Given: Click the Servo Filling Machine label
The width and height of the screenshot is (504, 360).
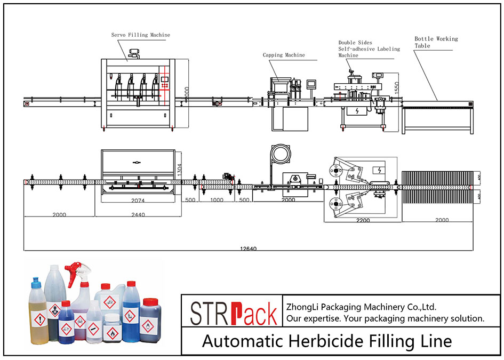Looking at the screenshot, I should (x=141, y=35).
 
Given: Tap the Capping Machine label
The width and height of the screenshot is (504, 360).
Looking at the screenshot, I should (x=284, y=55).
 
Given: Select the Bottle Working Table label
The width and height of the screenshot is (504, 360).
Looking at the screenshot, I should (x=436, y=42).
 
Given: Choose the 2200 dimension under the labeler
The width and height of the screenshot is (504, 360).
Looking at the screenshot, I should (x=363, y=220).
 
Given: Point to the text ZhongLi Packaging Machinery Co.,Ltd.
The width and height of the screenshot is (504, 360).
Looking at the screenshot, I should (x=362, y=307).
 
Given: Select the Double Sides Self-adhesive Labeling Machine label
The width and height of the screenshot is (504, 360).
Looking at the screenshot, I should (x=369, y=49).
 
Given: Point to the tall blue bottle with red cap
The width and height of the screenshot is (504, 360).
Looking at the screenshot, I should (x=131, y=315).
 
